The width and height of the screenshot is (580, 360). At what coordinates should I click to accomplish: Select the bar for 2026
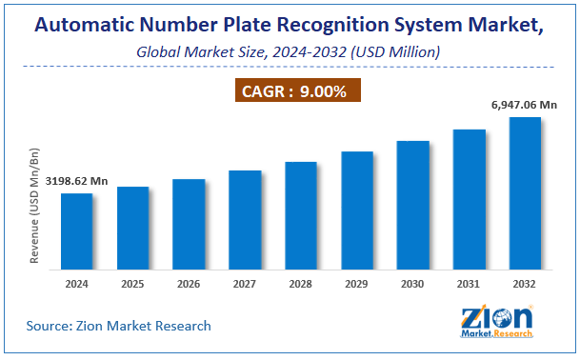(189, 227)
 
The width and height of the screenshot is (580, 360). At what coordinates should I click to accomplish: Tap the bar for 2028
(301, 218)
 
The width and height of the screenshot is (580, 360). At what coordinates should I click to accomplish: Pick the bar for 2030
(412, 208)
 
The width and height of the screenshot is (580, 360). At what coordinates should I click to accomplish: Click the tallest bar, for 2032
(525, 196)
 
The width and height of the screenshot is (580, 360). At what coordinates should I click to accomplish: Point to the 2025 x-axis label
(133, 284)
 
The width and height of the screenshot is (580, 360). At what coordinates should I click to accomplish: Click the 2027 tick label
(245, 284)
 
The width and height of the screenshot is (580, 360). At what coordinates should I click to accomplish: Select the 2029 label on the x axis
(357, 284)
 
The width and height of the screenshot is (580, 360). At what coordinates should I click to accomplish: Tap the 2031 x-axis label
(469, 284)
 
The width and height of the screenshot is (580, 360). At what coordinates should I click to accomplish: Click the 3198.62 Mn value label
(78, 180)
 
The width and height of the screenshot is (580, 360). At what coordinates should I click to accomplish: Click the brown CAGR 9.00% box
(290, 91)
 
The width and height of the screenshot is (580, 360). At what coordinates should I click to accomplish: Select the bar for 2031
(469, 202)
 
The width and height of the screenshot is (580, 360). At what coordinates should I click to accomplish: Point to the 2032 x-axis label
(525, 284)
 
